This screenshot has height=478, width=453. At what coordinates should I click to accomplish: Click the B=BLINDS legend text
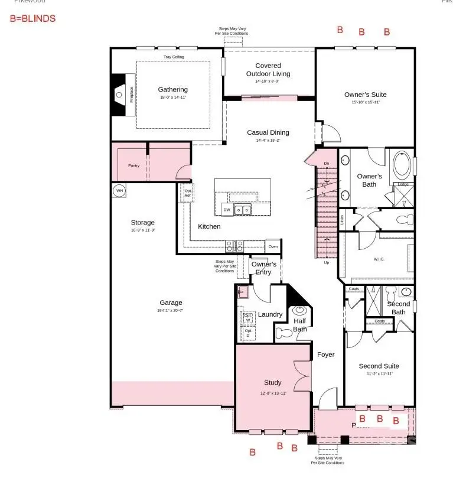pyautogui.click(x=32, y=18)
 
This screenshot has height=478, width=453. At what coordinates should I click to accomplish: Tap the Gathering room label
pyautogui.click(x=172, y=90)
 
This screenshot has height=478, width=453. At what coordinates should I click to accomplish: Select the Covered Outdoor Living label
pyautogui.click(x=268, y=70)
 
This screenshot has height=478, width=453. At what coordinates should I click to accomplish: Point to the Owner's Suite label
pyautogui.click(x=365, y=95)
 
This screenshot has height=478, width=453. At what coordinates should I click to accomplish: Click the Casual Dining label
pyautogui.click(x=268, y=133)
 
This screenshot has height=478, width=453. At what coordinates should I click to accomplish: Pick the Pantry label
pyautogui.click(x=134, y=166)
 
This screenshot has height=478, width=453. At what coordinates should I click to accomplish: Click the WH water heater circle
pyautogui.click(x=119, y=191)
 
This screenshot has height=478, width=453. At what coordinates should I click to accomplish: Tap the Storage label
pyautogui.click(x=142, y=223)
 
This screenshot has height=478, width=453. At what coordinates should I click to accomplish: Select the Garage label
pyautogui.click(x=170, y=303)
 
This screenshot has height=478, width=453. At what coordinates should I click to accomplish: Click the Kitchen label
pyautogui.click(x=209, y=226)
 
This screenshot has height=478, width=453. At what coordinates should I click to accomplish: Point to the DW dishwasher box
pyautogui.click(x=226, y=210)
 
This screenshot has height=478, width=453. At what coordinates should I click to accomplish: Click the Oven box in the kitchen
pyautogui.click(x=273, y=246)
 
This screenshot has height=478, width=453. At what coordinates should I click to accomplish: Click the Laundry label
pyautogui.click(x=270, y=314)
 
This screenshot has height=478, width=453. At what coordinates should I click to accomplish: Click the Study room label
pyautogui.click(x=273, y=383)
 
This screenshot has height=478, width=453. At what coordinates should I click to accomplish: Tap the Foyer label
pyautogui.click(x=325, y=355)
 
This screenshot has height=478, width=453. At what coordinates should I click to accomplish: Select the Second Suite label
pyautogui.click(x=379, y=366)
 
